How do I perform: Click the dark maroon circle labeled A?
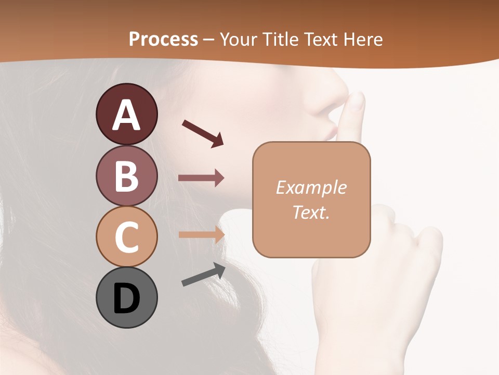126,114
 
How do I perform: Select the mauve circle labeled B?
126,176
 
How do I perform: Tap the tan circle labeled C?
126,236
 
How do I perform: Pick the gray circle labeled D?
126,297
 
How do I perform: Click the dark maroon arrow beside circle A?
203,133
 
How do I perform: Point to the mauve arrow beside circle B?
201,178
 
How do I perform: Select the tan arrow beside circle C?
201,234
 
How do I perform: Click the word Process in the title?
163,39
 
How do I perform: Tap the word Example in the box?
311,187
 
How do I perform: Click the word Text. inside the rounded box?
311,212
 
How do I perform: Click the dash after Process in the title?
208,40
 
